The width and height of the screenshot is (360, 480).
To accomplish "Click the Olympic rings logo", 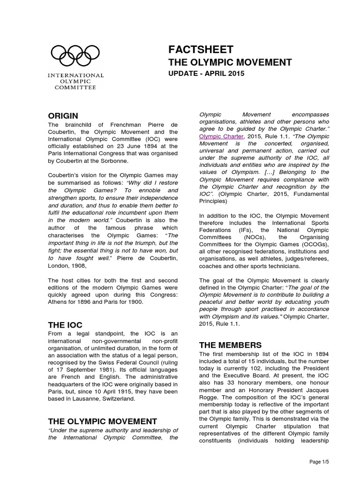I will tap(75, 56).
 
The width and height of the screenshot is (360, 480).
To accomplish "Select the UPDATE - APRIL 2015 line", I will tap(206, 74).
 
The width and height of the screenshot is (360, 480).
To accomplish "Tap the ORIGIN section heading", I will tap(63, 116).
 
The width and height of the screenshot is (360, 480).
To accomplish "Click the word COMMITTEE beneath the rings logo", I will tap(75, 87).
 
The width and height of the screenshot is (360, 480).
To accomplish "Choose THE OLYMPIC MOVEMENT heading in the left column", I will tap(103, 421).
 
